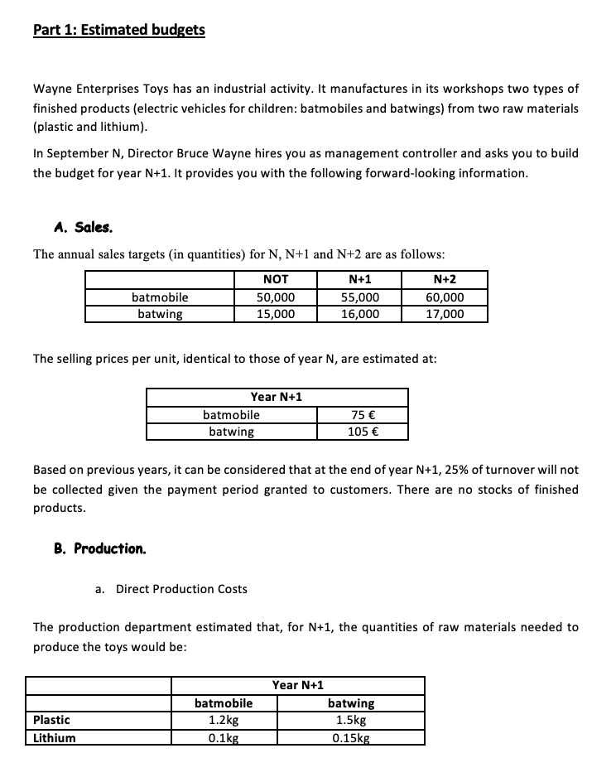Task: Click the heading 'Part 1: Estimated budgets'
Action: pos(119,30)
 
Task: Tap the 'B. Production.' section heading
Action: pos(99,548)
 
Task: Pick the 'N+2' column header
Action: pos(444,279)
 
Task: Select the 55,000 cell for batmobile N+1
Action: pos(359,297)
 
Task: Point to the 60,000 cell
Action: pos(444,297)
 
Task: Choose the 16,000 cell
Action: pos(359,313)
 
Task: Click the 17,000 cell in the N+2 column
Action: pos(444,313)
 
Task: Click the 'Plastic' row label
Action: pos(51,720)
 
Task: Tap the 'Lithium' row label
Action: pos(54,737)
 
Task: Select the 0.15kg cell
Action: pos(351,737)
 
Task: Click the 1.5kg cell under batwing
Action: pos(351,720)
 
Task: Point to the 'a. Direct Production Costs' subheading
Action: pos(171,589)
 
